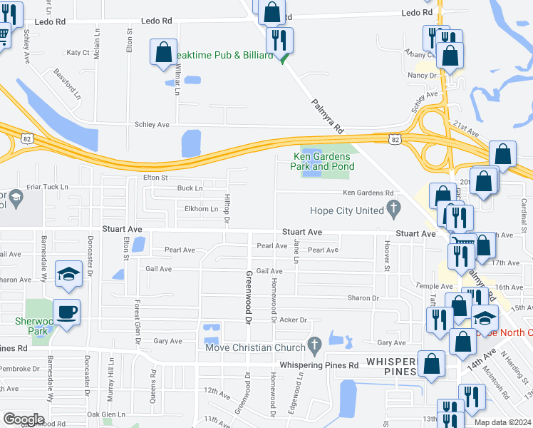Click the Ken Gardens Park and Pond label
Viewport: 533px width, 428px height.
click(x=323, y=162)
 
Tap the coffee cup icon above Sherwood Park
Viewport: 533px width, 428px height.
click(x=66, y=312)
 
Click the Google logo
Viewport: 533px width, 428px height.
click(x=24, y=419)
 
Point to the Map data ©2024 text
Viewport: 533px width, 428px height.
click(x=502, y=422)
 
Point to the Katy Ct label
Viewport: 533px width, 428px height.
click(x=78, y=53)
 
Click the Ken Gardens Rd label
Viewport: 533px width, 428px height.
click(x=368, y=193)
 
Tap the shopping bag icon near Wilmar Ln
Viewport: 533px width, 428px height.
click(x=163, y=52)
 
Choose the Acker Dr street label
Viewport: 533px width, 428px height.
click(x=293, y=320)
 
